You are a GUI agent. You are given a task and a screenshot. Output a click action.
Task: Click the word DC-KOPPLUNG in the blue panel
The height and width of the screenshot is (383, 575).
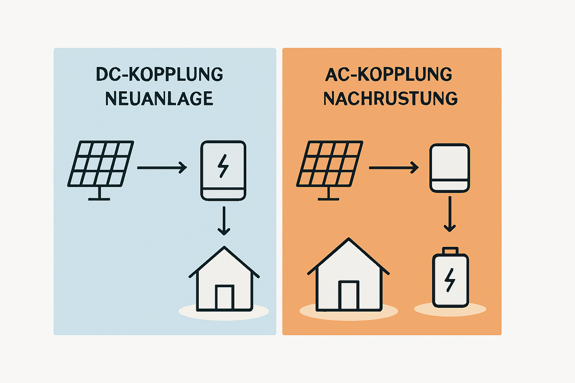tap(159, 74)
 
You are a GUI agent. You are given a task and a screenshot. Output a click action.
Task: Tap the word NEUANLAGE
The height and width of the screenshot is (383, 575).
tap(159, 99)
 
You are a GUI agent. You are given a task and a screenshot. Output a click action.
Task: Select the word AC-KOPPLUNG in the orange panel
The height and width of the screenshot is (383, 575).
tap(389, 74)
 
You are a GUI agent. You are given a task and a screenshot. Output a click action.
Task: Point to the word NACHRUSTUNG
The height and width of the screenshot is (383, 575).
tap(390, 99)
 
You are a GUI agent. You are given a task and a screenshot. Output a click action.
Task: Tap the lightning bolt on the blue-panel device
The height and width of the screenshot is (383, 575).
tap(223, 166)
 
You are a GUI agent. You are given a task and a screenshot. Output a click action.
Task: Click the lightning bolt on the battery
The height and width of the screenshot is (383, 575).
tap(450, 280)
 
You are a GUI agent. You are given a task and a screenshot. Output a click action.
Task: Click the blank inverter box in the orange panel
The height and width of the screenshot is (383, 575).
tap(449, 168)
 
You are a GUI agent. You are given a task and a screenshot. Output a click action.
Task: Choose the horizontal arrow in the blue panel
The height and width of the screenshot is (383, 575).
tap(162, 168)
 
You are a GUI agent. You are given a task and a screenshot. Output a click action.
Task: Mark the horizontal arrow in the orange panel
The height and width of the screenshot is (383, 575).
tap(393, 168)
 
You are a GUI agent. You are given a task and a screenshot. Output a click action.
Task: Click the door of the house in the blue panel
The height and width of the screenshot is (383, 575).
tap(225, 297)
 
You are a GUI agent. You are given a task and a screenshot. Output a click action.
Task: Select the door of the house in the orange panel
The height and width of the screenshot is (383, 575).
tap(349, 295)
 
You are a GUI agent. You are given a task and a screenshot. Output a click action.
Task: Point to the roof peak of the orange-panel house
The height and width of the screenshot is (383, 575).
tap(349, 239)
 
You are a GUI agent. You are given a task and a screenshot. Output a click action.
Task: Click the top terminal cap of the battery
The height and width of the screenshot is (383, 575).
tap(450, 250)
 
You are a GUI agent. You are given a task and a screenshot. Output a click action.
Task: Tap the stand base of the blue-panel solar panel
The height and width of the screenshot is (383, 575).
tap(99, 199)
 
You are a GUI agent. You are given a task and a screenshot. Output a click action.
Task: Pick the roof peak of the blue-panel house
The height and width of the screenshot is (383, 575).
tap(224, 248)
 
